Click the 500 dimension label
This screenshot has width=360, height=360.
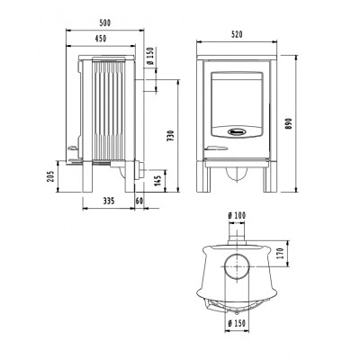pos(105,23)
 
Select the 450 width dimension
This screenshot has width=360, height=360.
pos(101,39)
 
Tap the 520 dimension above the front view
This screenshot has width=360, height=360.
pos(237,35)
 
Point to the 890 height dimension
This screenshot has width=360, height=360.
pos(288,123)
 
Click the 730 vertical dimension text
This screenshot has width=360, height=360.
pos(170,136)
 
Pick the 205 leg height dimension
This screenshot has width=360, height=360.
pos(50,176)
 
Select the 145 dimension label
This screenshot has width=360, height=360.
pos(158,180)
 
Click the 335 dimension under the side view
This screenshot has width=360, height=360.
pos(109,201)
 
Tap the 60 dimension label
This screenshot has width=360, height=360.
pos(139,201)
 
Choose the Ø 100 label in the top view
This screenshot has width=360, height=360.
pos(237,215)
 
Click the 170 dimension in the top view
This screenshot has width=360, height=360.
pos(281,254)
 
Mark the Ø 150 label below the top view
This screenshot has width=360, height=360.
pos(237,323)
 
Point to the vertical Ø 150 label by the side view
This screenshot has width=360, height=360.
pos(150,56)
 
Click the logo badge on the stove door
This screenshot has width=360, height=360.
pos(238,131)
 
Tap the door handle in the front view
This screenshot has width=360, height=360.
pos(216,148)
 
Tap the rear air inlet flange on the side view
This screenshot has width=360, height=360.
pos(139,170)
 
